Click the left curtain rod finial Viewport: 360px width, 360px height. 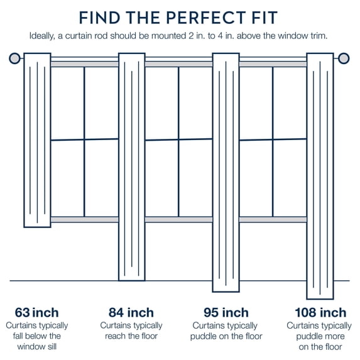click(14, 58)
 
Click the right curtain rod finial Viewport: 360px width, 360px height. click(344, 58)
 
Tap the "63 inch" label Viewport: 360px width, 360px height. click(36, 313)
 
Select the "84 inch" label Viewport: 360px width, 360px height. click(131, 313)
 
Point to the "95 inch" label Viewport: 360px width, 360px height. click(226, 313)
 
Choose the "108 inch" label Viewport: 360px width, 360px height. click(320, 313)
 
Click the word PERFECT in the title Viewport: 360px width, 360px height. click(206, 18)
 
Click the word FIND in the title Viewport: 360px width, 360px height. click(99, 18)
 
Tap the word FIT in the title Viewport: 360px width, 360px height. click(265, 18)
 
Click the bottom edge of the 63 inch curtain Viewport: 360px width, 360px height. click(38, 227)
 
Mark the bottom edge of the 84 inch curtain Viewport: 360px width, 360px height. click(132, 280)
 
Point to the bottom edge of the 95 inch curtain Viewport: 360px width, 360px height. click(226, 292)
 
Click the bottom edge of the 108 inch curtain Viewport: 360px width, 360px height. click(320, 299)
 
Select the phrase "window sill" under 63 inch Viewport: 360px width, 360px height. click(36, 347)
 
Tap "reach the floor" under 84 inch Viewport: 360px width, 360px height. click(131, 336)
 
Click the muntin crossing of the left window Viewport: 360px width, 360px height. click(84, 139)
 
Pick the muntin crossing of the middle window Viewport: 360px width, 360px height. click(178, 139)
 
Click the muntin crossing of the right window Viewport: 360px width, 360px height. click(273, 139)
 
